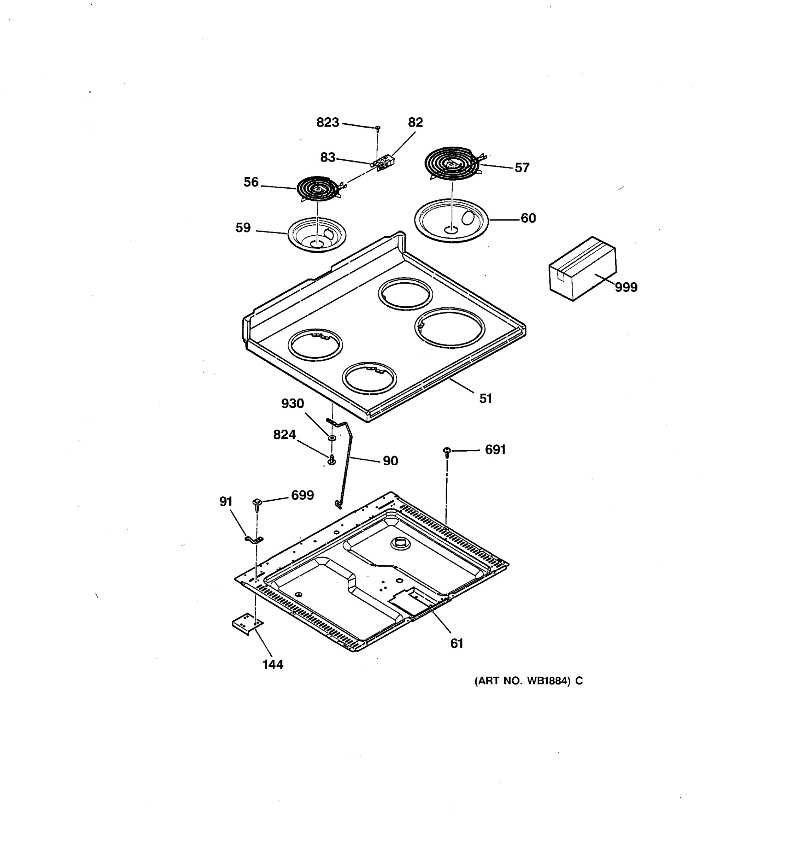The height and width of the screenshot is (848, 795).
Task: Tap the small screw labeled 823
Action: [x=377, y=128]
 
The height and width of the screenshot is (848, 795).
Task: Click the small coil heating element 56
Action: [x=318, y=188]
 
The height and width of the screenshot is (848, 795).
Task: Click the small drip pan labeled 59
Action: [x=317, y=235]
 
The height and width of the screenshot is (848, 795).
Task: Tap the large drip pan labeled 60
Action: [x=451, y=220]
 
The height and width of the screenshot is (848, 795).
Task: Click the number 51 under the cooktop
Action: [x=485, y=399]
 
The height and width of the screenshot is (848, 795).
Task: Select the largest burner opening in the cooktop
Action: [x=449, y=328]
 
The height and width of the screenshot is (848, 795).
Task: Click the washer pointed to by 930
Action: [x=331, y=438]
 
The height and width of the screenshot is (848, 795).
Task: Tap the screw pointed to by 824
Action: [x=331, y=461]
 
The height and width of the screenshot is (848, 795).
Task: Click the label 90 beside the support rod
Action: [x=390, y=461]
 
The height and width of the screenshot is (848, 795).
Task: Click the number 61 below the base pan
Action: [x=457, y=643]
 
